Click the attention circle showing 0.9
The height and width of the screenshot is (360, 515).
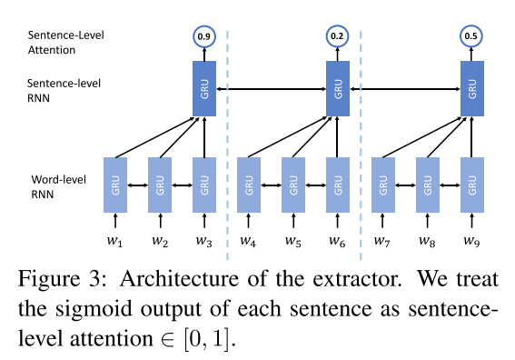(x=203, y=37)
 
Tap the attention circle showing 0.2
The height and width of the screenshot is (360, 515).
(x=338, y=37)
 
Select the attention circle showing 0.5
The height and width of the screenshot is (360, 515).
(x=471, y=37)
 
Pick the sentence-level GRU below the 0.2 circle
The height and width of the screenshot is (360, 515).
(x=338, y=89)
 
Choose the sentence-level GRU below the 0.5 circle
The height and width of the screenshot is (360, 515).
(x=471, y=89)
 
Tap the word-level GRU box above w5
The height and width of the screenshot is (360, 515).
(x=292, y=185)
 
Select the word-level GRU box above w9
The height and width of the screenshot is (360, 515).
(x=471, y=185)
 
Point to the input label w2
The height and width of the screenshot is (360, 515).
(x=160, y=243)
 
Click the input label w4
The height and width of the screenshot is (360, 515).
(x=247, y=243)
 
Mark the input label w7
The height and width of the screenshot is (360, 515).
(x=382, y=243)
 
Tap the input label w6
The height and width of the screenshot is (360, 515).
(x=338, y=243)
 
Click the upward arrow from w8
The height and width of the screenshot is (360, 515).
(x=427, y=222)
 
